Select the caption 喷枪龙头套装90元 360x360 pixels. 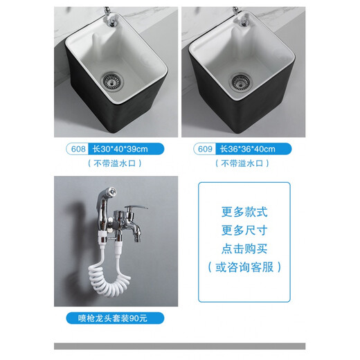pos(115,319)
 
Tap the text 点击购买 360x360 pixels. pos(244,249)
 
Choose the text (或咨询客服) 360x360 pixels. pos(244,267)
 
